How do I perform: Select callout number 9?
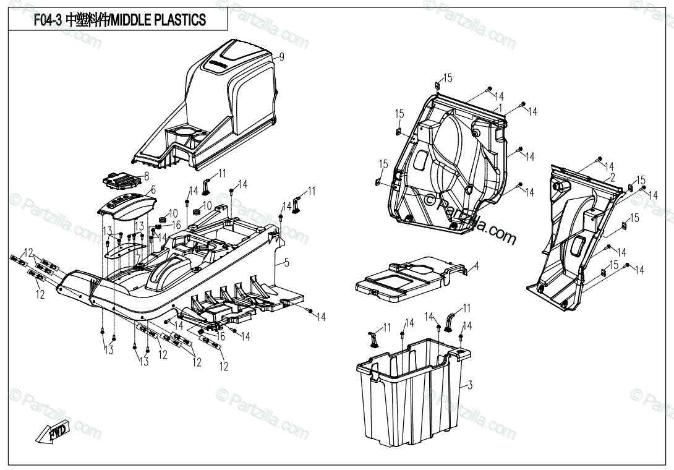[x=281, y=57]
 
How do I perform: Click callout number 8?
[x=147, y=176]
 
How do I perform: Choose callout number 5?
[x=286, y=262]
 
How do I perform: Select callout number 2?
[x=612, y=177]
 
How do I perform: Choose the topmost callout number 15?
[x=448, y=78]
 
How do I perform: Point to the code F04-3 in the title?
[x=47, y=20]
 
